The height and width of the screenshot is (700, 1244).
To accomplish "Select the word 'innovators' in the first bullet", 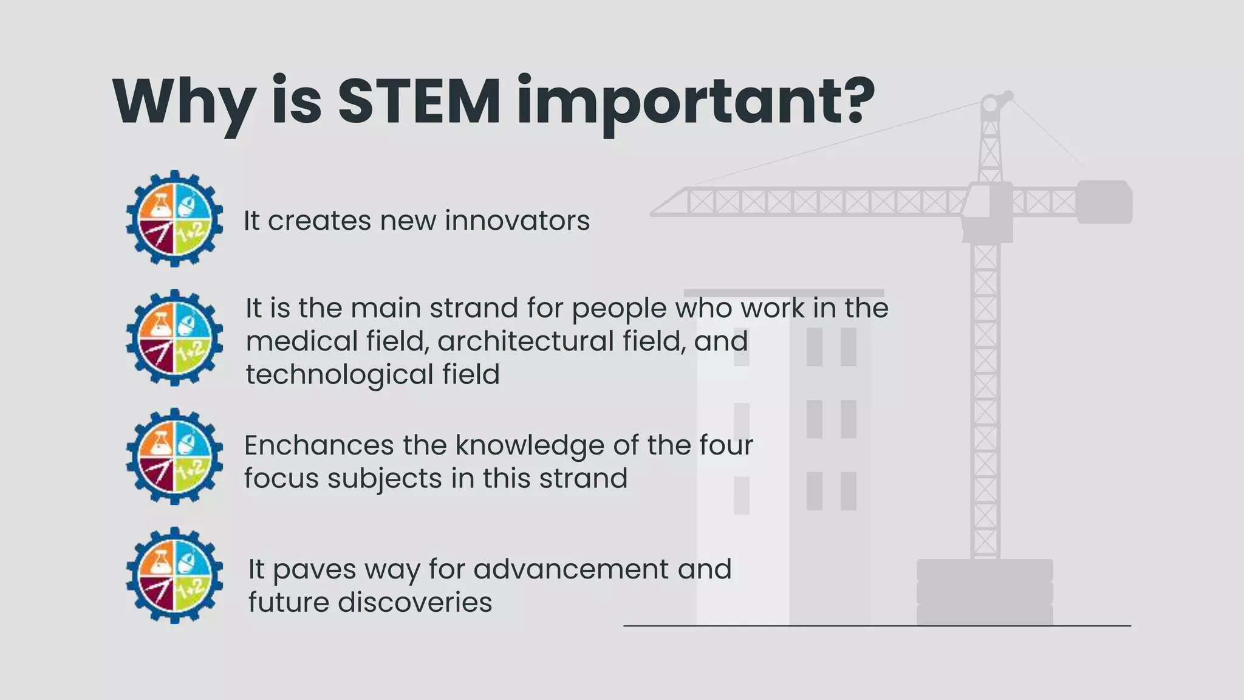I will click(518, 220).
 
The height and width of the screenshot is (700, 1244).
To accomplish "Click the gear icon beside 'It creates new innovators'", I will click(175, 219).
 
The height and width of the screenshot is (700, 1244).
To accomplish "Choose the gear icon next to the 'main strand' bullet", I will click(175, 338).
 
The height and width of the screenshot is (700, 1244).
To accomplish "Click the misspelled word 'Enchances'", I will click(319, 445).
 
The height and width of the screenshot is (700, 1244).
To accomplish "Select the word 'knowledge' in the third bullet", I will click(530, 445).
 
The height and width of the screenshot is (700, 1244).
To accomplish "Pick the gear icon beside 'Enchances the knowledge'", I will click(175, 456).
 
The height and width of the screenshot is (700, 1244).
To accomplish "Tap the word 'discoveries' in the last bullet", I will click(415, 603).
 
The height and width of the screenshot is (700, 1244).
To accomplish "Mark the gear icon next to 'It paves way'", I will click(175, 575).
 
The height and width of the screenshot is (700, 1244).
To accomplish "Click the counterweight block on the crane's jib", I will click(1104, 202).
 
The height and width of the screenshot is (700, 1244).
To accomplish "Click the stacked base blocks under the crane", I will click(985, 592).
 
